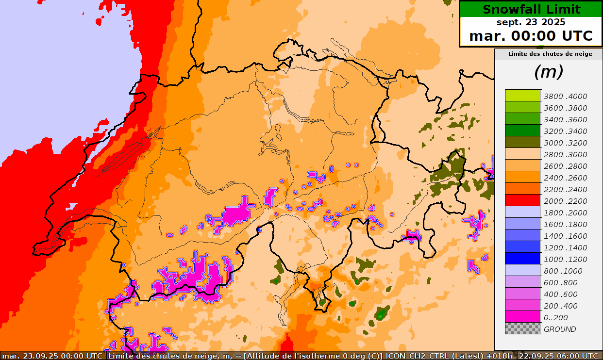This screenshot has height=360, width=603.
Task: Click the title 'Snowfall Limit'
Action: click(531, 9)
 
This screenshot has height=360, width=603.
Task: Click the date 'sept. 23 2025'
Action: click(531, 22)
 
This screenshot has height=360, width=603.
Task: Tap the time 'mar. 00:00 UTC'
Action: click(531, 36)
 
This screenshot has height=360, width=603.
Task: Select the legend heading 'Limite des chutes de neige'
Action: click(550, 54)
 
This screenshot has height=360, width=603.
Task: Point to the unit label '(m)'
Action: click(549, 72)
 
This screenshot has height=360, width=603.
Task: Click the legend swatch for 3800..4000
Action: click(522, 95)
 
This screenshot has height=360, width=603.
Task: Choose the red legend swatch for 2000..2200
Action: click(522, 200)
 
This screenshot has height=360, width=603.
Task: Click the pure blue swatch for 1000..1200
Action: click(522, 258)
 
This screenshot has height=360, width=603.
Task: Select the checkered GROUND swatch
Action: click(522, 328)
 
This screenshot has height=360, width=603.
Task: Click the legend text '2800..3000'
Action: click(565, 155)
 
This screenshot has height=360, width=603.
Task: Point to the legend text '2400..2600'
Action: click(565, 178)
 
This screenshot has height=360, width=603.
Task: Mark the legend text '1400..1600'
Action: click(565, 236)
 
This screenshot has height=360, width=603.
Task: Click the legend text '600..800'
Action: click(561, 283)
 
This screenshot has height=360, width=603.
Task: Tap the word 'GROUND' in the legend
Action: click(560, 329)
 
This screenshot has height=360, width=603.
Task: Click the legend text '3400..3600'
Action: click(565, 120)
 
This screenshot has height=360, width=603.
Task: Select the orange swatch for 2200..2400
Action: click(522, 188)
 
